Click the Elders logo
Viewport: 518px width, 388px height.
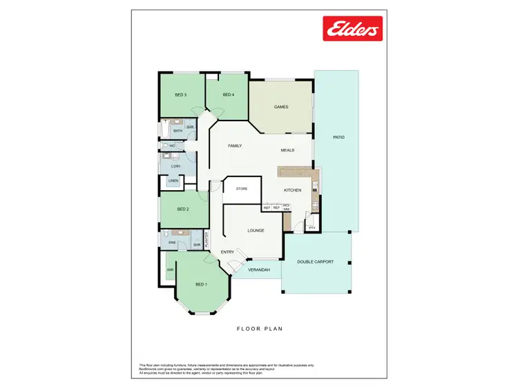click(x=353, y=29)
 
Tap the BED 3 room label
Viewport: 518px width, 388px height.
click(x=180, y=94)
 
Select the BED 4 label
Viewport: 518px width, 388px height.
click(x=229, y=94)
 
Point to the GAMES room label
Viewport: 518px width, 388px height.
click(x=281, y=107)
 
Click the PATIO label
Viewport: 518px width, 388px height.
click(x=338, y=138)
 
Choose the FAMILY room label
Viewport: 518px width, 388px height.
click(x=235, y=145)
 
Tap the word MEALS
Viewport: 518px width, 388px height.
click(x=288, y=150)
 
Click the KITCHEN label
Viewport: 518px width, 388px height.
click(x=292, y=190)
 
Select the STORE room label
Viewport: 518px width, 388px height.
click(x=242, y=188)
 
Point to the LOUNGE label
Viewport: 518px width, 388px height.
click(x=256, y=230)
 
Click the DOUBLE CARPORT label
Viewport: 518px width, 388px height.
click(x=316, y=262)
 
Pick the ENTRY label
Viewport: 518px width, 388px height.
click(x=227, y=252)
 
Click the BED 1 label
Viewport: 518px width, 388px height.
click(x=201, y=285)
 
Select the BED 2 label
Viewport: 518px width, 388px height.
click(x=183, y=209)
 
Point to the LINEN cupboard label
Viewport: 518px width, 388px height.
click(x=173, y=181)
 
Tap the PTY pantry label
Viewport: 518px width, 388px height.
click(x=311, y=227)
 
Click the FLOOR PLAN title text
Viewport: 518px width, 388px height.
click(x=259, y=329)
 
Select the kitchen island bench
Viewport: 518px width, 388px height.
click(x=298, y=171)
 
